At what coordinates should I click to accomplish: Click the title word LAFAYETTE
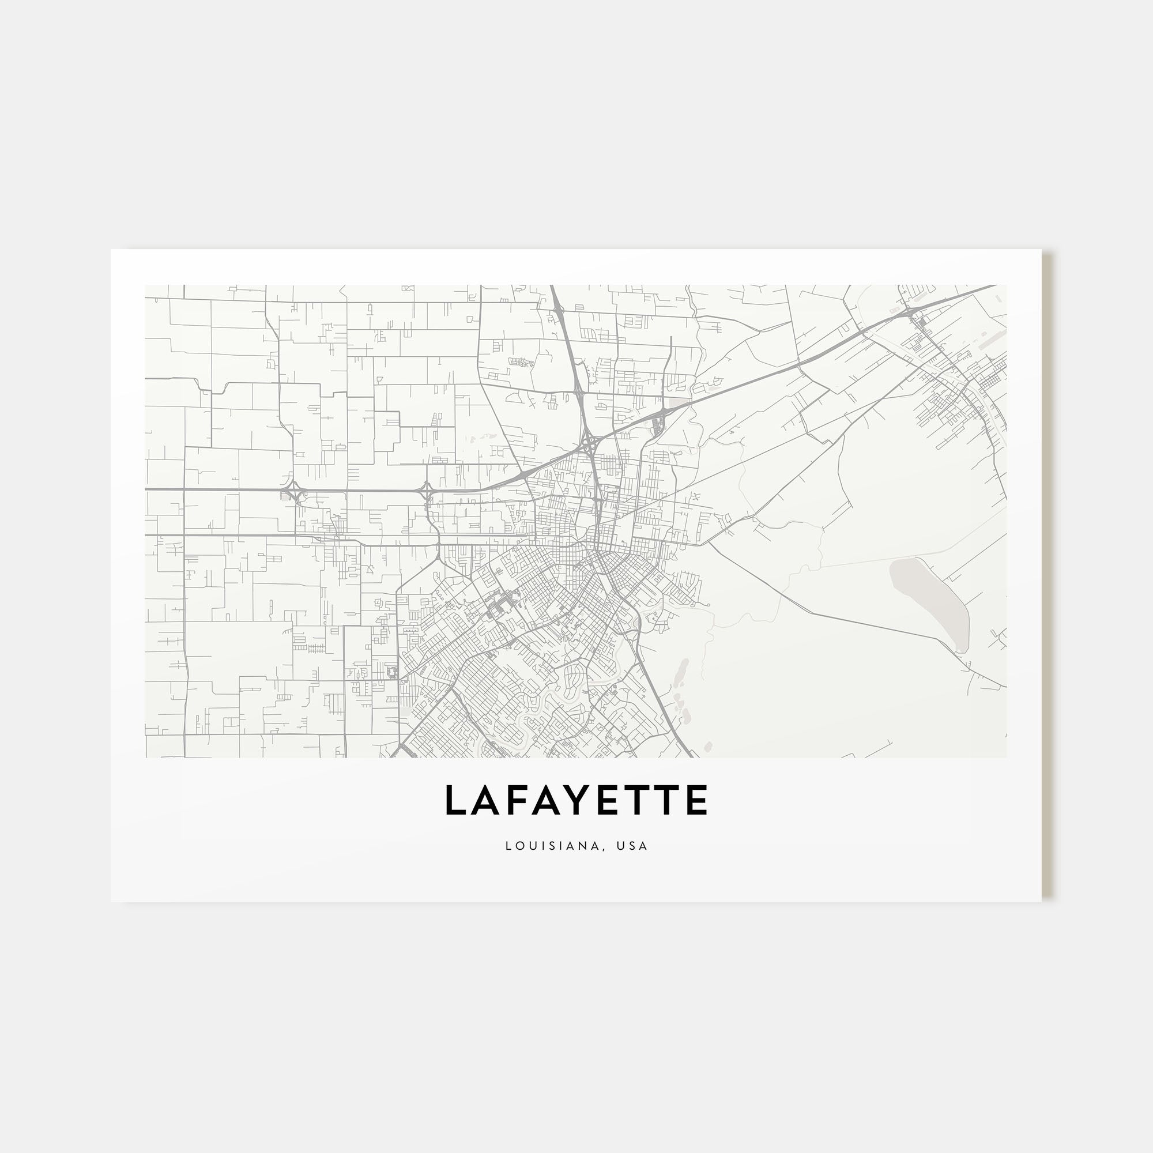pos(576,800)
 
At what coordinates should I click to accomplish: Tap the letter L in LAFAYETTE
pos(455,800)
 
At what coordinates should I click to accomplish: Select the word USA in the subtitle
pos(633,846)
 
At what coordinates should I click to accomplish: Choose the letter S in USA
pos(633,846)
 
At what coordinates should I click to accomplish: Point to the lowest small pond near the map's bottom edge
pos(709,747)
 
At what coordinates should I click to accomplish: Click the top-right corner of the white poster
pos(1041,250)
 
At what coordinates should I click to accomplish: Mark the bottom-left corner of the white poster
pos(111,901)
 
